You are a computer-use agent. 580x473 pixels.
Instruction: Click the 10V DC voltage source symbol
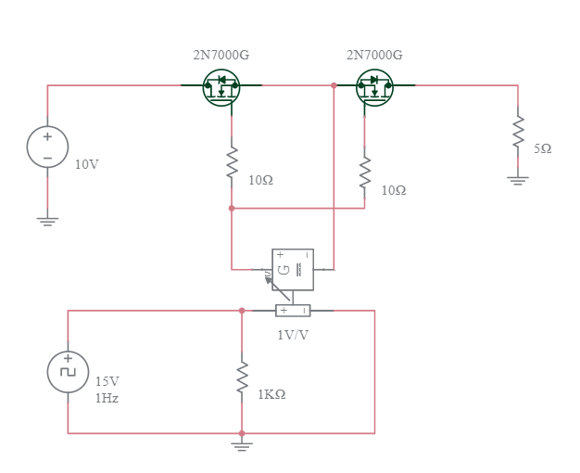47,147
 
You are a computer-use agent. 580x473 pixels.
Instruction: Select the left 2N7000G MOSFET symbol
221,87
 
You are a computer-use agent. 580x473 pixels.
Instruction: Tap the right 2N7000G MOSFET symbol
374,87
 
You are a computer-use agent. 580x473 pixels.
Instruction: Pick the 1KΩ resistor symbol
242,377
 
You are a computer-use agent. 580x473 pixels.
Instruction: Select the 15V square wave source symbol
68,371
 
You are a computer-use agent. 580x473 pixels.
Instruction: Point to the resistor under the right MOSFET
365,172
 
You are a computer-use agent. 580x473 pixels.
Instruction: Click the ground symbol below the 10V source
47,221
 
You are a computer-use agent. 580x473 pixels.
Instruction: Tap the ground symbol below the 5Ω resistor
518,180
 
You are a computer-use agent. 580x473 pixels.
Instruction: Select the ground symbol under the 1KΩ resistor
242,447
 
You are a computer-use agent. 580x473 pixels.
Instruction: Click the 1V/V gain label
293,335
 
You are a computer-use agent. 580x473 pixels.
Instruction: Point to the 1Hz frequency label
107,398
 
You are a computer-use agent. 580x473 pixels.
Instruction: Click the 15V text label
107,381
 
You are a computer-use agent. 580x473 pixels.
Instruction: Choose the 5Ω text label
543,148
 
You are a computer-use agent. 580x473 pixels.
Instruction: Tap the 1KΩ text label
271,394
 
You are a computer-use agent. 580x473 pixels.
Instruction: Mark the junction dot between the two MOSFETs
334,85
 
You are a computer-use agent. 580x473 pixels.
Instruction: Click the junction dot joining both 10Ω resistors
232,208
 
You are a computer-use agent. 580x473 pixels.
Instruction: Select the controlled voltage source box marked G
293,269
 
